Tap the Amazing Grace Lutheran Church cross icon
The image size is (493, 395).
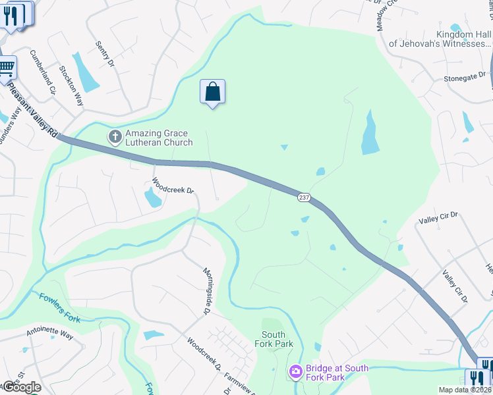[115, 136]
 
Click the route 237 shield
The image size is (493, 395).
[304, 197]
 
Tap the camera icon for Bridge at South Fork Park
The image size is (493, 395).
[296, 373]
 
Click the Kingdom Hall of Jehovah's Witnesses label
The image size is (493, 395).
[440, 39]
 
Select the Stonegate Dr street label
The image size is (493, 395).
[464, 77]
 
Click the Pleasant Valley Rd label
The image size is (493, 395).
[32, 107]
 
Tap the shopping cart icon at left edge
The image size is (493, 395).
[7, 67]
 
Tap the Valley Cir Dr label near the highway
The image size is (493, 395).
[455, 287]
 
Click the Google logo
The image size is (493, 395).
[22, 387]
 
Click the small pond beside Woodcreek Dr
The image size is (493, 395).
[152, 197]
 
